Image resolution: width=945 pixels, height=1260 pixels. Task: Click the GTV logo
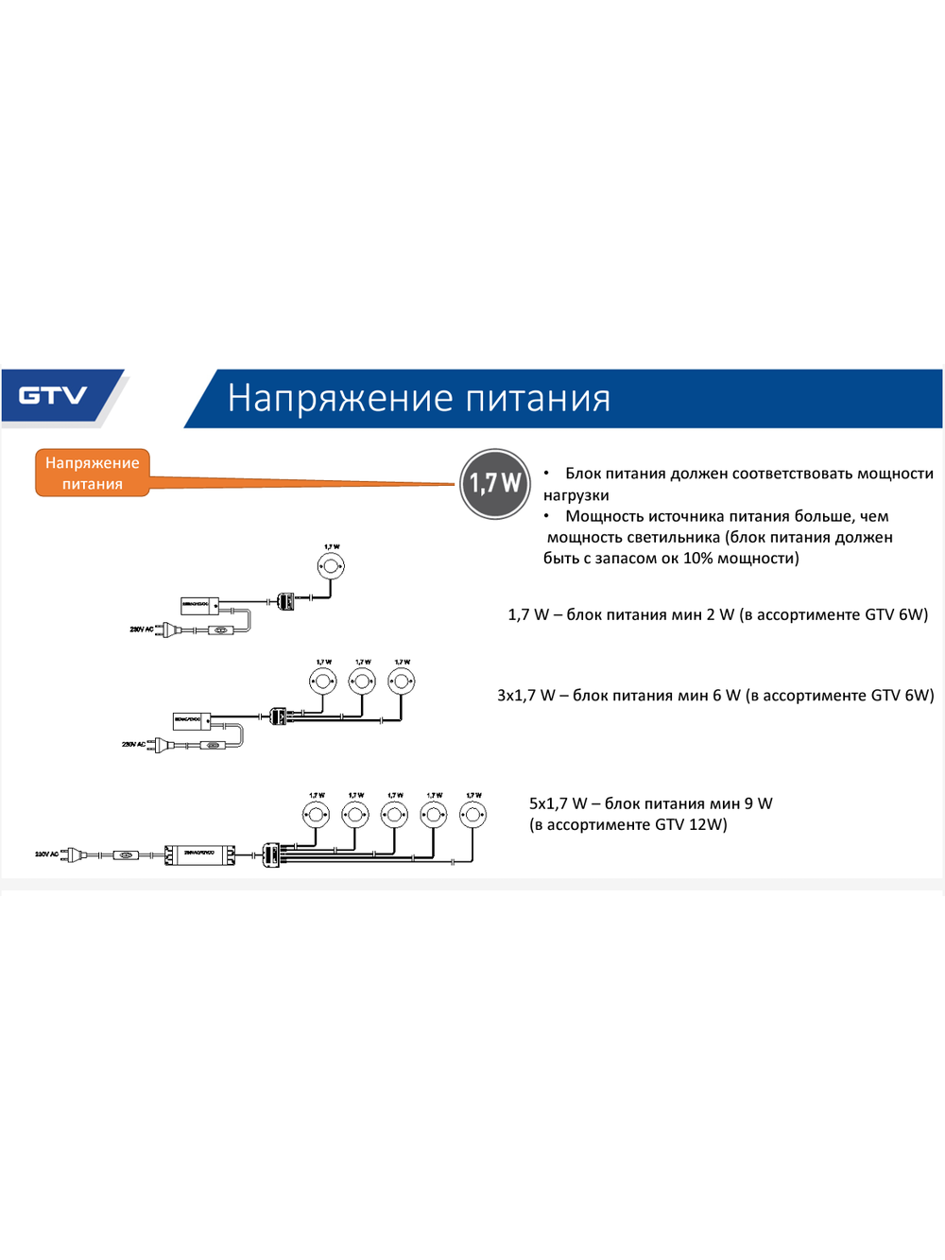coord(53,395)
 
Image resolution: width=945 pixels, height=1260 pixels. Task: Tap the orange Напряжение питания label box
coord(93,473)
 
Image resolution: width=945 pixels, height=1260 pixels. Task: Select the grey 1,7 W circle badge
coord(495,484)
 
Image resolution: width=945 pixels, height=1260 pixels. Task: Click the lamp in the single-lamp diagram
coord(331,567)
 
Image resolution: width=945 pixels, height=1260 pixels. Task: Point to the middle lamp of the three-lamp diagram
coord(362,681)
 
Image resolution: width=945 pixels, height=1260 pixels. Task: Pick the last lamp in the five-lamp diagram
coord(473,814)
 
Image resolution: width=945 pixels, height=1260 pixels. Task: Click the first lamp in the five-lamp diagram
coord(317,814)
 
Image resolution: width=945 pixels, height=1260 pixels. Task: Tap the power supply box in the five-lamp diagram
coord(200,854)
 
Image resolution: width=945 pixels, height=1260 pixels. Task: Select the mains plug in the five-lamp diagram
coord(75,854)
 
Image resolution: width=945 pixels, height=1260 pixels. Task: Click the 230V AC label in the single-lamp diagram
coord(141,629)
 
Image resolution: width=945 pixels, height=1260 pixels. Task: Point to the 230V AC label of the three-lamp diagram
coord(133,744)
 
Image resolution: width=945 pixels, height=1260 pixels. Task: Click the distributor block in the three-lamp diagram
coord(278,716)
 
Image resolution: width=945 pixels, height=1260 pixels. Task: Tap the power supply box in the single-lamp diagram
coord(199,605)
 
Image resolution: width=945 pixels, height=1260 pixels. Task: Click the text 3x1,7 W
coord(526,696)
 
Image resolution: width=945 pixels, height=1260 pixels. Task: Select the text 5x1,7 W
coord(558,803)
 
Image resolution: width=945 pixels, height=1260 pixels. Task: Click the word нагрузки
coord(576,495)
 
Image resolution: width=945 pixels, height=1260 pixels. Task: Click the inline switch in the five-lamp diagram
coord(126,855)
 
